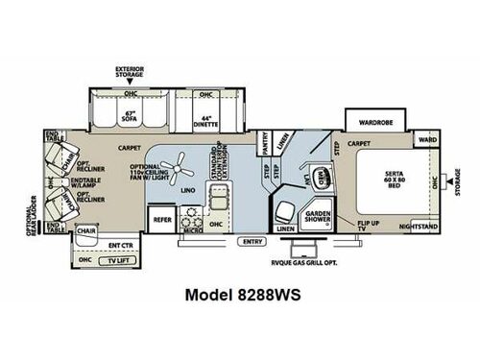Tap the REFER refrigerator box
(162, 220)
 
